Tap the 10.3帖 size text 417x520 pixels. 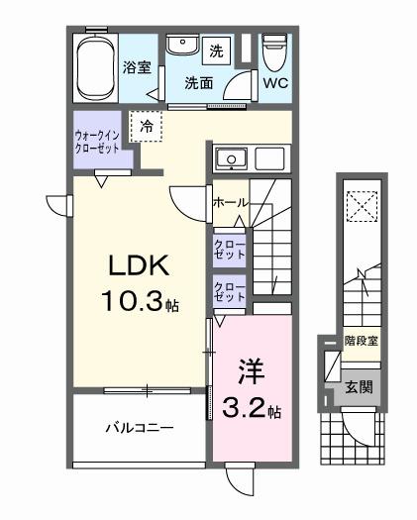pos(139,302)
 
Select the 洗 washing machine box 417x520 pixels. pos(217,49)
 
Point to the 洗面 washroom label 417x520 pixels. pos(199,83)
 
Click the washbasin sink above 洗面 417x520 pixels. pos(182,47)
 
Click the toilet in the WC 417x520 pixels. pos(274,50)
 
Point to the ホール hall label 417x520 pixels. pos(230,203)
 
